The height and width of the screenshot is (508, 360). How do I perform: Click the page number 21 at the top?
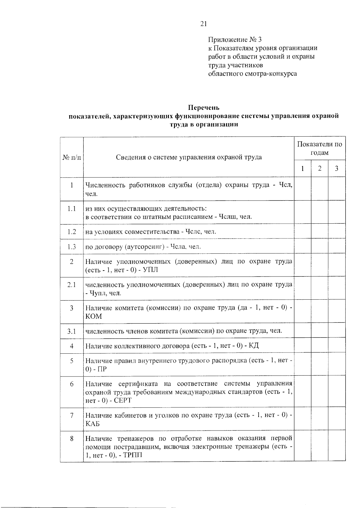click(x=203, y=24)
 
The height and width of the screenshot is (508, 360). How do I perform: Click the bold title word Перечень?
click(x=204, y=107)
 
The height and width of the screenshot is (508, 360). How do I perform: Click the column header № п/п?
click(x=72, y=157)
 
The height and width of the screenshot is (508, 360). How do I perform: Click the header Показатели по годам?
click(x=319, y=148)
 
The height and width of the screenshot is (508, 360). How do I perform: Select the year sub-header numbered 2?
click(x=320, y=168)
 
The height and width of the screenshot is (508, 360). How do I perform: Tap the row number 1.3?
click(x=72, y=247)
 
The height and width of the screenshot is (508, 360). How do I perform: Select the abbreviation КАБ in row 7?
click(x=93, y=424)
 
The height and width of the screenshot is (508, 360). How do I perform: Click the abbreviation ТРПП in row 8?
click(x=132, y=455)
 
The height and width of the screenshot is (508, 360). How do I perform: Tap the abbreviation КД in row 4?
click(x=254, y=346)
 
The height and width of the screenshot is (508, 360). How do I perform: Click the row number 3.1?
click(x=72, y=331)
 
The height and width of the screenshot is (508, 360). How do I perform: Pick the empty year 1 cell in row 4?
click(x=302, y=346)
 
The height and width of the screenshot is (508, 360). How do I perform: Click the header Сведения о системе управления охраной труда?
click(x=189, y=157)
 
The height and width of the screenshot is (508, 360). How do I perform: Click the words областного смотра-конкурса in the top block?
click(x=252, y=74)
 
